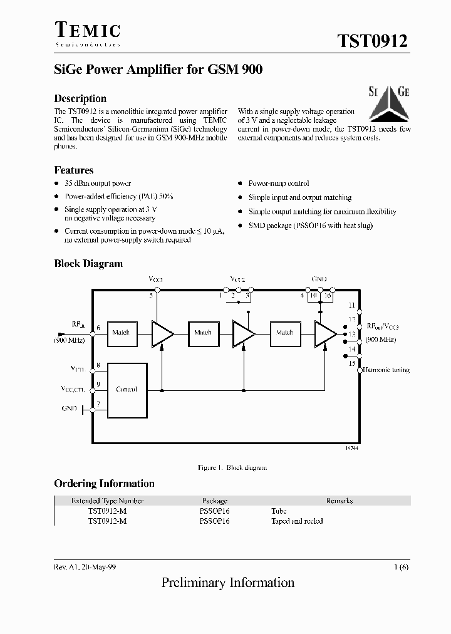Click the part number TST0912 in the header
(373, 41)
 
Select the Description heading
(80, 98)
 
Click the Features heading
(74, 170)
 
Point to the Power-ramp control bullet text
(279, 184)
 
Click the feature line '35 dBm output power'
(98, 184)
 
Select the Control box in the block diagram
(127, 389)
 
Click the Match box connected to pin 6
(120, 332)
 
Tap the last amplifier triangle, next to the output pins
(324, 333)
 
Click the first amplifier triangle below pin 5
(162, 333)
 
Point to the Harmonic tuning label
(388, 370)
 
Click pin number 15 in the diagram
(352, 363)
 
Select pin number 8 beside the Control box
(98, 365)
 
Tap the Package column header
(214, 501)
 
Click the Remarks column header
(339, 501)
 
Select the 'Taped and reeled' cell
(297, 521)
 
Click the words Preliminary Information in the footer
(228, 582)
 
